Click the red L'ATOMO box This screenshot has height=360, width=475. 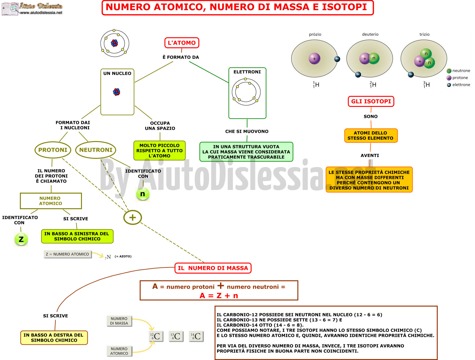pyautogui.click(x=182, y=43)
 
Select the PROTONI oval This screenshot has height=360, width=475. pyautogui.click(x=53, y=150)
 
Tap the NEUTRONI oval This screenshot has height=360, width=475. pyautogui.click(x=95, y=150)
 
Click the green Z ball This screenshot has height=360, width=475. pyautogui.click(x=21, y=239)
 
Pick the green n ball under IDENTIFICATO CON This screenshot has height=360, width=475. pyautogui.click(x=143, y=194)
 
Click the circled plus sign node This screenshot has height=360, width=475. pyautogui.click(x=132, y=217)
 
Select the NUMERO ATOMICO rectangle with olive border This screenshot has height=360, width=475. pyautogui.click(x=51, y=201)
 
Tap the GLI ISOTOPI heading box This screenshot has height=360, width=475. pyautogui.click(x=371, y=101)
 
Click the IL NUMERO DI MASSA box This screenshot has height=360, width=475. pyautogui.click(x=213, y=268)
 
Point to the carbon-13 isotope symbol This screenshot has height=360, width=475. pyautogui.click(x=176, y=336)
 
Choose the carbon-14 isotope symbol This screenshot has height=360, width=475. pyautogui.click(x=196, y=336)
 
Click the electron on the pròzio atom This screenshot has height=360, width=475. pyautogui.click(x=337, y=59)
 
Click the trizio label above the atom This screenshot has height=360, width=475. pyautogui.click(x=424, y=35)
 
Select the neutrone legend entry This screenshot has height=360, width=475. pyautogui.click(x=458, y=71)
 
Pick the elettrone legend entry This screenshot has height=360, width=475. pyautogui.click(x=458, y=85)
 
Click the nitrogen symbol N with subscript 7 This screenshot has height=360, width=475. pyautogui.click(x=108, y=257)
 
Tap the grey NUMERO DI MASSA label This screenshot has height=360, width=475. pyautogui.click(x=119, y=321)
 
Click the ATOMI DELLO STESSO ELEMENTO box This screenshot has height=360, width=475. pyautogui.click(x=371, y=136)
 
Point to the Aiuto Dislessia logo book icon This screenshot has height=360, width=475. pyautogui.click(x=10, y=9)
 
